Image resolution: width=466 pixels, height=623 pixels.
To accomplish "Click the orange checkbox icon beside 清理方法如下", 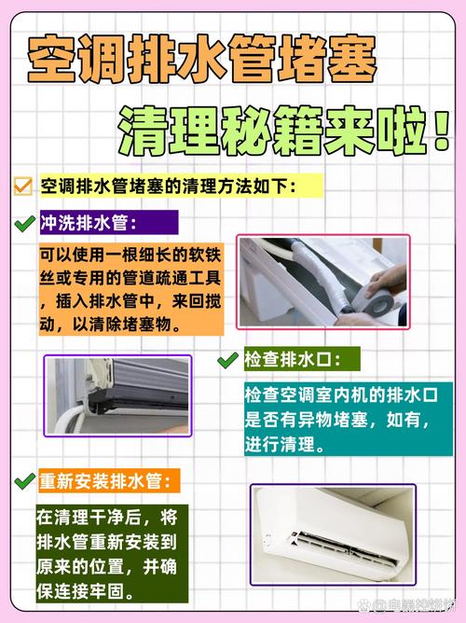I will click(x=23, y=187).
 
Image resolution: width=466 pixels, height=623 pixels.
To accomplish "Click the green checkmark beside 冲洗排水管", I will click(x=25, y=224).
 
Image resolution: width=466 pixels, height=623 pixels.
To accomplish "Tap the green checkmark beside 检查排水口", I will click(x=226, y=359).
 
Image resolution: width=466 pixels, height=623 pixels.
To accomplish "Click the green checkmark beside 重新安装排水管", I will click(x=25, y=481).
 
